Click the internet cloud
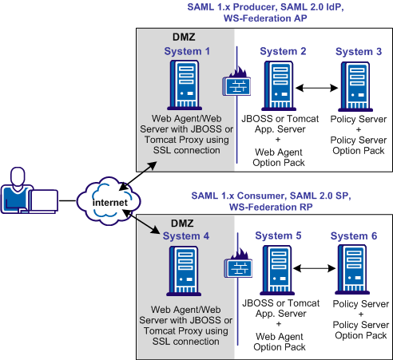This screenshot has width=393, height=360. (x=109, y=196)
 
